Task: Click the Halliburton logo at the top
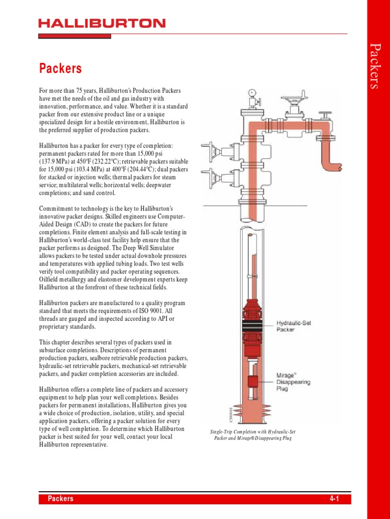click(x=102, y=23)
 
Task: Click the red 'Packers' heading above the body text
click(x=60, y=68)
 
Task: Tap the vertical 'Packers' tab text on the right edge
click(x=375, y=66)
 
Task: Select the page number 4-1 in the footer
click(x=334, y=499)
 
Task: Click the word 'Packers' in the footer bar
click(x=60, y=499)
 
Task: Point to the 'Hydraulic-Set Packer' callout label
click(x=294, y=325)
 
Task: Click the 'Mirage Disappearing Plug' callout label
click(x=293, y=382)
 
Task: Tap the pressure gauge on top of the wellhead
click(x=251, y=93)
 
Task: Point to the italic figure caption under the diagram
click(x=252, y=435)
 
